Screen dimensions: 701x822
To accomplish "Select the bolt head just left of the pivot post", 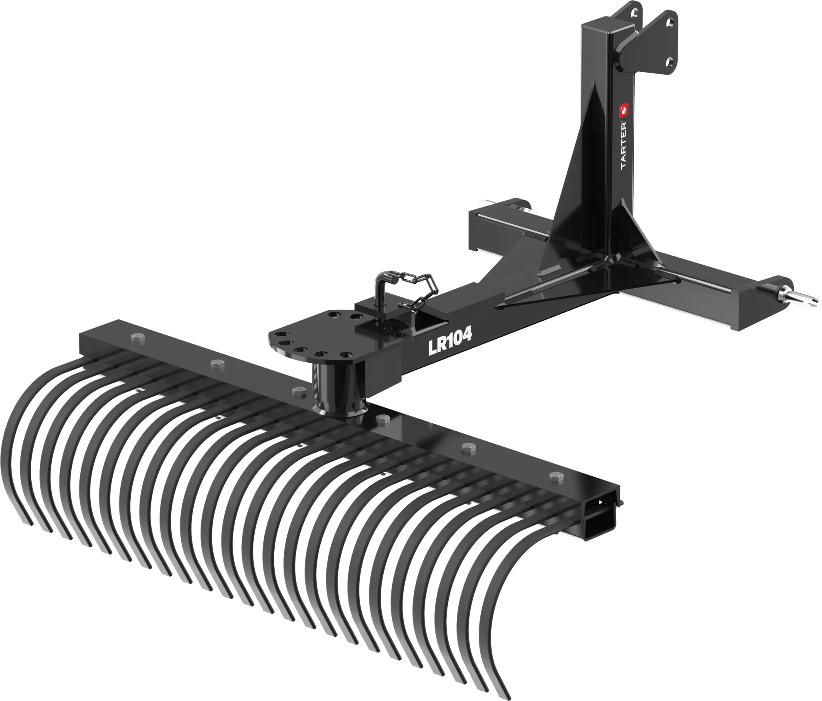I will click(298, 390).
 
